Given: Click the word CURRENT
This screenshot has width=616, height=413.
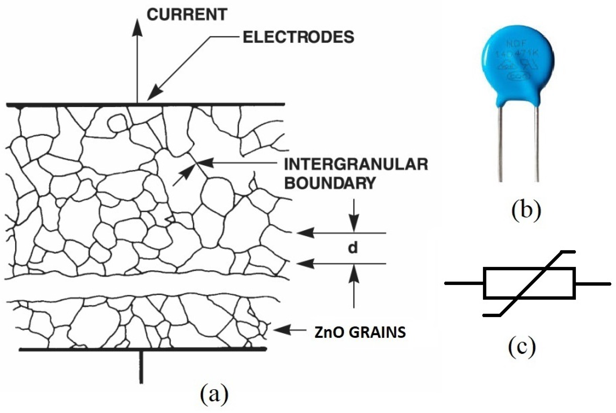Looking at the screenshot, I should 187,15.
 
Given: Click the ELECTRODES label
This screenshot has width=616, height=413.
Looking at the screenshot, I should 298,37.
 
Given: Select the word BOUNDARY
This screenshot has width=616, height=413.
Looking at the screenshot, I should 330,183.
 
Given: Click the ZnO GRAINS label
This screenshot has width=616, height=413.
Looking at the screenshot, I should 360,332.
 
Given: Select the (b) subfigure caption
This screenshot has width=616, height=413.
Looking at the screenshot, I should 526,211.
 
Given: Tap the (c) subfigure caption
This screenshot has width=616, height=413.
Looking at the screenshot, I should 522,348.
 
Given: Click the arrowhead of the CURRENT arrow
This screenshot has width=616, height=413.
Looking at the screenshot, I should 137,28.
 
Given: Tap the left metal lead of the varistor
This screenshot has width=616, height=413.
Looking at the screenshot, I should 500,145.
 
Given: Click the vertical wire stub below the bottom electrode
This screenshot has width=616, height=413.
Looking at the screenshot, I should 141,367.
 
